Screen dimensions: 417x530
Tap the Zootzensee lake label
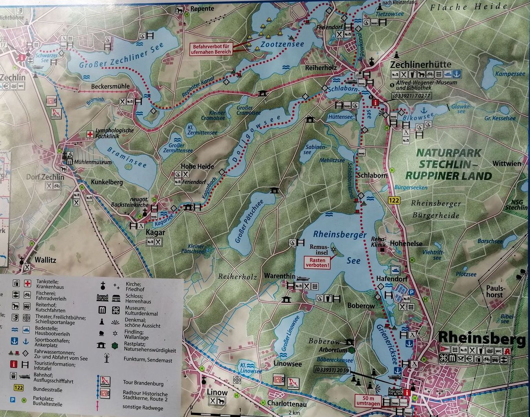(x=282, y=44)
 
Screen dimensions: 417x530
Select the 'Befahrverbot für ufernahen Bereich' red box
(x=212, y=49)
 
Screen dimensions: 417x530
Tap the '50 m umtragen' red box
(x=368, y=400)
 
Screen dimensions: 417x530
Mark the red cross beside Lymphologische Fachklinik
(x=90, y=134)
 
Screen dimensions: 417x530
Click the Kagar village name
(x=155, y=232)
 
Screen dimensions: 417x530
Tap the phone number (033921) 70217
(x=411, y=96)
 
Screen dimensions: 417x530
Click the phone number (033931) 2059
(x=332, y=370)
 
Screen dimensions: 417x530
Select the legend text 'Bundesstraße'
(x=48, y=389)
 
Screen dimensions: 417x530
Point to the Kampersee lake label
(x=510, y=74)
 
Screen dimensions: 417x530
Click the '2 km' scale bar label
(x=295, y=413)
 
